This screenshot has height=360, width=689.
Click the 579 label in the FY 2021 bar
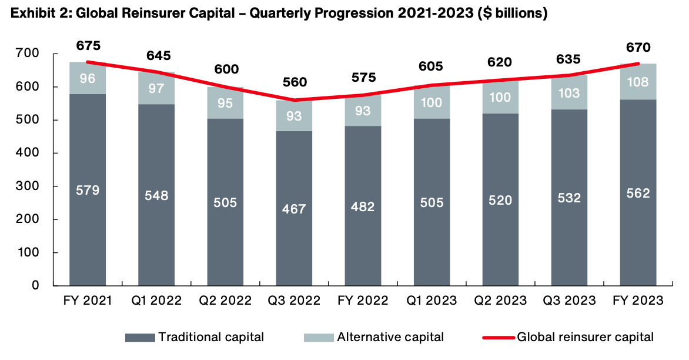[x=88, y=190]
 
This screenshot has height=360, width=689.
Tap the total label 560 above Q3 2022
[x=294, y=82]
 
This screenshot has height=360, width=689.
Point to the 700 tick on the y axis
[x=28, y=54]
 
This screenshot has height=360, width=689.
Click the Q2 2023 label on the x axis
[x=499, y=301]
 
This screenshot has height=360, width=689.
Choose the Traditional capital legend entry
[x=195, y=338]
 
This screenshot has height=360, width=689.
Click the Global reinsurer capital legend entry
[x=568, y=338]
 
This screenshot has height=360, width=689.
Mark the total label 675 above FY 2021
[x=88, y=45]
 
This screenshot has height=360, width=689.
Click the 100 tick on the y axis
[x=28, y=253]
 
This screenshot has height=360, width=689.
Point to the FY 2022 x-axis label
[x=362, y=301]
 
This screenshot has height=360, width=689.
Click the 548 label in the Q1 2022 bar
[x=156, y=195]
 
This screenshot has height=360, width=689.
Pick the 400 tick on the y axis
[x=28, y=154]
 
